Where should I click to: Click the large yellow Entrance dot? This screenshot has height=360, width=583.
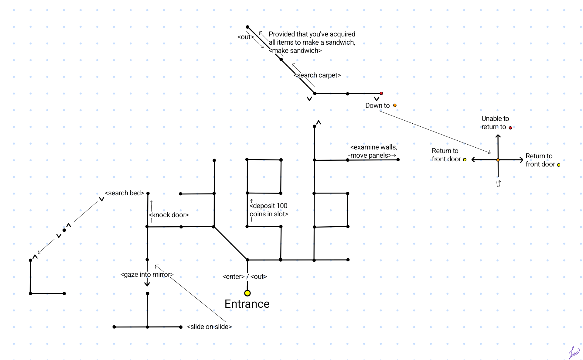(247, 293)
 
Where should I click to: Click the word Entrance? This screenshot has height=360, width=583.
(247, 304)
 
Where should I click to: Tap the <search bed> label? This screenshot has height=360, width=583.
(124, 193)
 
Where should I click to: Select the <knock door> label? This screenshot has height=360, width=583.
(169, 215)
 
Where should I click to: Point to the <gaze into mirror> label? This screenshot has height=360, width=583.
(147, 275)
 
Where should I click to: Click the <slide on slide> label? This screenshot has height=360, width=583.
(209, 327)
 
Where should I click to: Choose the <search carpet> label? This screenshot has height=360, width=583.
(317, 75)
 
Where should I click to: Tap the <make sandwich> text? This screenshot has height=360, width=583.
(295, 51)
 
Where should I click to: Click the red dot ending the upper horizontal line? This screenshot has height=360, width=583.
(381, 93)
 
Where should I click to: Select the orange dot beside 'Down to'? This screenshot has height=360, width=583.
(395, 105)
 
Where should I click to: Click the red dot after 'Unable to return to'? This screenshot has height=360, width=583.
(510, 128)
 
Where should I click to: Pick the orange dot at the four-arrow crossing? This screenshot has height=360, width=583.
(498, 160)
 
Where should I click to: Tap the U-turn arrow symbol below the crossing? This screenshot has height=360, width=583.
(498, 183)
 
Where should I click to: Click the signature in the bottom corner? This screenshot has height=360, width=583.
(574, 353)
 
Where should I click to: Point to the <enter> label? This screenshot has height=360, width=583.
(233, 277)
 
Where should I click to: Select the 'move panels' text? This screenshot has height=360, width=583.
(371, 156)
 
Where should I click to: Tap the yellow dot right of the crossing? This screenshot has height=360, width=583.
(559, 165)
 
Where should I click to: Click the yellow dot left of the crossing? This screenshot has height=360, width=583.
(465, 159)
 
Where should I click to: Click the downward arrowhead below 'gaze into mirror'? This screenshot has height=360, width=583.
(147, 284)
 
